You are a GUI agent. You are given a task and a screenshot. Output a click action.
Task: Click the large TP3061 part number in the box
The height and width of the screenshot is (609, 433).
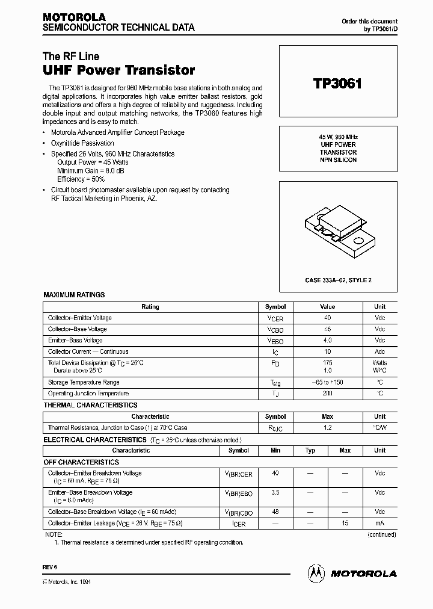click(337, 83)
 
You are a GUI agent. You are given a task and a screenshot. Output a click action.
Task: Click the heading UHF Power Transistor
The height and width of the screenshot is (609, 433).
click(119, 70)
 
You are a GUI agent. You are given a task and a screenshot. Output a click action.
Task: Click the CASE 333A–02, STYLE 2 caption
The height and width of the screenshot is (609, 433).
click(338, 280)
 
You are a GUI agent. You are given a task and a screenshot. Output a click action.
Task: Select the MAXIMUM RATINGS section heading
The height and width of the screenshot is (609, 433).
click(74, 295)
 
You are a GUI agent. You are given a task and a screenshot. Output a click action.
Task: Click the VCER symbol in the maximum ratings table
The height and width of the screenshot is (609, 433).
click(275, 318)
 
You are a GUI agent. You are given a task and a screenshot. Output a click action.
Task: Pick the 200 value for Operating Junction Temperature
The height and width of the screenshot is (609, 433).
click(327, 394)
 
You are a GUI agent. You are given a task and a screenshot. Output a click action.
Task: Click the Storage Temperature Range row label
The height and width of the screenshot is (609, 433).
click(84, 382)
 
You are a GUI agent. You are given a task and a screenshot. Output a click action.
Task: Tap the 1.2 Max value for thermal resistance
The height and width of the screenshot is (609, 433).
click(327, 428)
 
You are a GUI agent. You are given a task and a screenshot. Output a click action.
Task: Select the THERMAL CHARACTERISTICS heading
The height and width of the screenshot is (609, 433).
click(90, 406)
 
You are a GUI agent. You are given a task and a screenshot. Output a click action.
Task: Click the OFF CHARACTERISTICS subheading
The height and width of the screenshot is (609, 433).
click(81, 462)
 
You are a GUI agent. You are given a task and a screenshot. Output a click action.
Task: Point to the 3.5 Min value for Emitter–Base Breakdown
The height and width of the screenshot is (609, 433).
click(275, 492)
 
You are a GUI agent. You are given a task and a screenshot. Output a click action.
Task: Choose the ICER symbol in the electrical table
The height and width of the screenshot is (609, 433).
click(239, 524)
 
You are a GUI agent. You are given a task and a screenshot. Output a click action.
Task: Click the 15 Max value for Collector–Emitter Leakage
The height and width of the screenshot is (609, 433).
click(345, 523)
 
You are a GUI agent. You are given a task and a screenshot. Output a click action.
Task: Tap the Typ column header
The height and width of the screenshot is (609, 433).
click(310, 450)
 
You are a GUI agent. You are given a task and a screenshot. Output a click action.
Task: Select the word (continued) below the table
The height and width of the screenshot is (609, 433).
click(382, 534)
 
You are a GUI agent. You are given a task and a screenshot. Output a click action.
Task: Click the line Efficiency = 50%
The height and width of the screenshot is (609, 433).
click(81, 179)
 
